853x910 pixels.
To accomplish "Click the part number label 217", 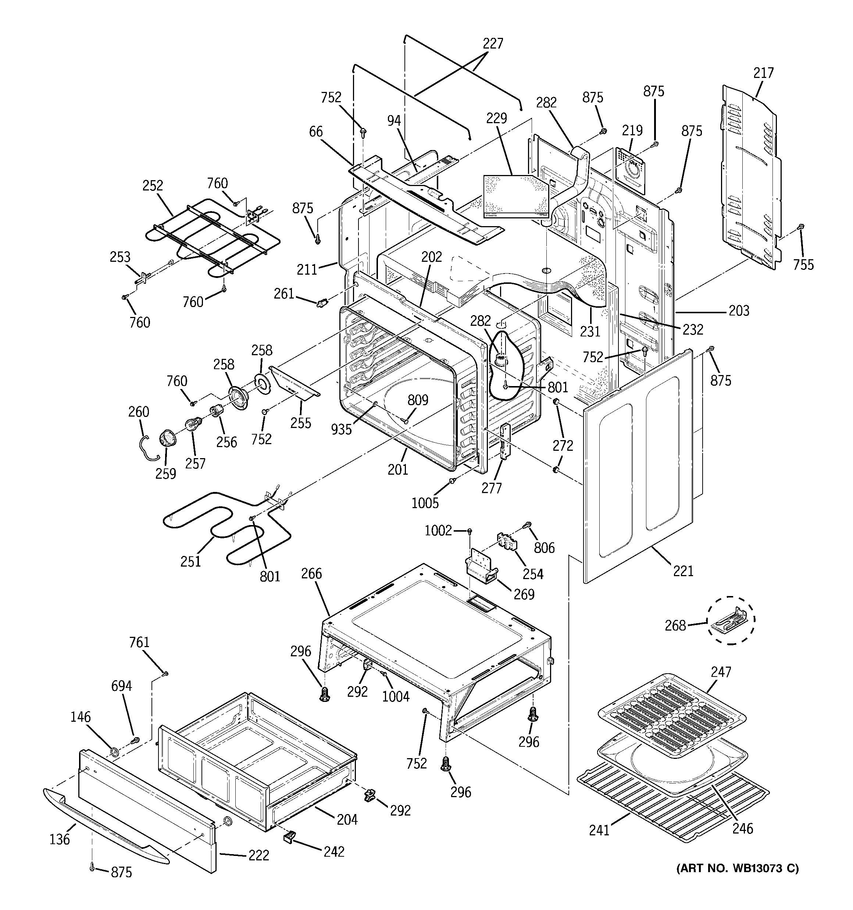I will (763, 73).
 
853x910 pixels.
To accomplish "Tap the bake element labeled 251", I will (220, 527).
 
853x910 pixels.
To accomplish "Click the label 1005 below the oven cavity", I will (425, 503).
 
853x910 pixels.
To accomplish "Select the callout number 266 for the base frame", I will (312, 574).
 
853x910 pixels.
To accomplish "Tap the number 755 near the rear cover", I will (804, 265).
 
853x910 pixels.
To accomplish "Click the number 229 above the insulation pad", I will (497, 118).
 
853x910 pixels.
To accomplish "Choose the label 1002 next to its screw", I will (438, 531).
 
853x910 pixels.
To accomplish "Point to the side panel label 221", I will (683, 571).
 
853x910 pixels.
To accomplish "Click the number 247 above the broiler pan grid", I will (721, 672).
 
